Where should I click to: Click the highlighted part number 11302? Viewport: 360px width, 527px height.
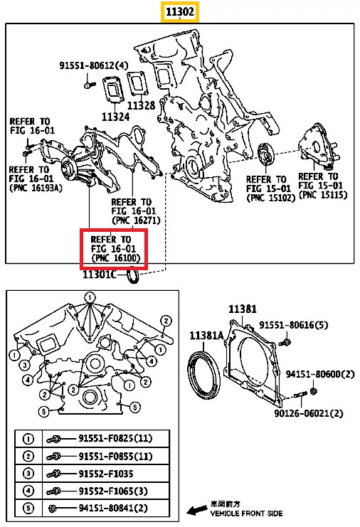[179, 12]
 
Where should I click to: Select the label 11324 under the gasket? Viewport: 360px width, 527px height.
[115, 117]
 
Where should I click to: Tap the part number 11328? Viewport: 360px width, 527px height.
[141, 105]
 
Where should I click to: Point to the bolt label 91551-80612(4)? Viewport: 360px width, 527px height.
[94, 65]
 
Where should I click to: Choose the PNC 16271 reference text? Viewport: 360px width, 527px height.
[136, 211]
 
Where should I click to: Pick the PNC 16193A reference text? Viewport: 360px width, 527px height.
[36, 179]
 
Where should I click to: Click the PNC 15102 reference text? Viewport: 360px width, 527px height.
[270, 188]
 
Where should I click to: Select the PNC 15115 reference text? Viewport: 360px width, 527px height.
[323, 186]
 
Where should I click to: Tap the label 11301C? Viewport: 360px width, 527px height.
[100, 275]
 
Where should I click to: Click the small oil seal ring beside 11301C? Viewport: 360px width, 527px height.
[133, 275]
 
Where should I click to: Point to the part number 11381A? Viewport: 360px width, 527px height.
[206, 335]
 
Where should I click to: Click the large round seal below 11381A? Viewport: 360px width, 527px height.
[203, 375]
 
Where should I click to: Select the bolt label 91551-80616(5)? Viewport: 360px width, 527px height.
[293, 325]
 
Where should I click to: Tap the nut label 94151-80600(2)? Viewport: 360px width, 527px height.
[320, 374]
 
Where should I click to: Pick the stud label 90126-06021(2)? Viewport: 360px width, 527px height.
[309, 413]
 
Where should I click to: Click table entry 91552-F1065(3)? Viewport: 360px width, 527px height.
[113, 491]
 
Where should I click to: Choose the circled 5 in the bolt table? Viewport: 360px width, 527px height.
[28, 508]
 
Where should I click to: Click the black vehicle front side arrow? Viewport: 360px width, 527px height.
[197, 510]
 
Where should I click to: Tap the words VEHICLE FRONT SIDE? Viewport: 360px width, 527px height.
[246, 513]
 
